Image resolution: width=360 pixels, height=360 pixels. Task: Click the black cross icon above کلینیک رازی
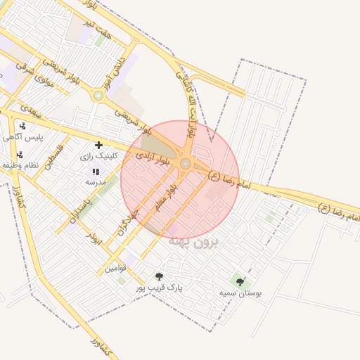98,145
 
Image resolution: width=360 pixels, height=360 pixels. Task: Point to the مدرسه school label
96,181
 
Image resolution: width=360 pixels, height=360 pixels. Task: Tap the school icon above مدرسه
96,172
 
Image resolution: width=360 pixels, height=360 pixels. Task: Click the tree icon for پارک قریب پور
159,277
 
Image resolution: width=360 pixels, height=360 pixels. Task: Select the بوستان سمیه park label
240,292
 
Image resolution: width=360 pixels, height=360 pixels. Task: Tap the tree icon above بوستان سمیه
240,282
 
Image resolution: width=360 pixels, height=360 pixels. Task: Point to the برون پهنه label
194,241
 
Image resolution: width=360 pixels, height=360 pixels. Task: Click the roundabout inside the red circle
186,164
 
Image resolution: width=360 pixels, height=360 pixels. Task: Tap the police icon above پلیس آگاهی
23,127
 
